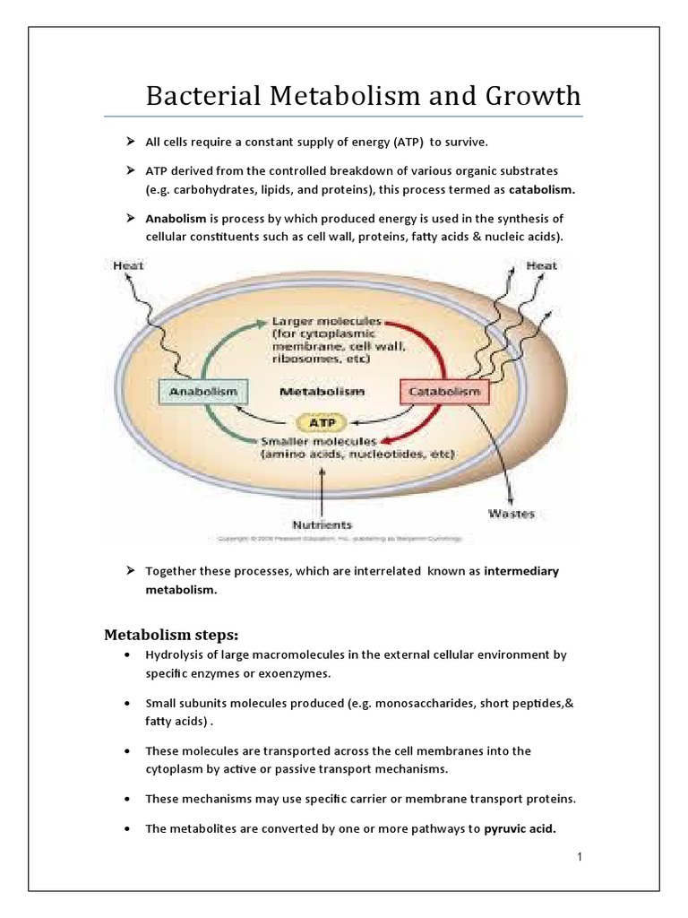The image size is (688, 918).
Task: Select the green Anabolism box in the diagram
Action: point(199,391)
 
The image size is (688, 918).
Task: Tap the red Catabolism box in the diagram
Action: point(443,392)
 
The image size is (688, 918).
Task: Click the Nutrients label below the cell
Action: point(322,524)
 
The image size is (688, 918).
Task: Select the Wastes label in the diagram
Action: point(512,514)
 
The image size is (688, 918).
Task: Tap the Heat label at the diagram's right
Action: point(541,265)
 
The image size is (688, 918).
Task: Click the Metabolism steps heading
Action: point(171,636)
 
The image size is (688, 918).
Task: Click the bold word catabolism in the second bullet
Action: point(542,190)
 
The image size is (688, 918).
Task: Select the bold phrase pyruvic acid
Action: point(520,828)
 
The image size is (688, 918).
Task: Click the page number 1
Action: point(580,858)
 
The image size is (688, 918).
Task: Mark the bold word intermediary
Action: point(521,571)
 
